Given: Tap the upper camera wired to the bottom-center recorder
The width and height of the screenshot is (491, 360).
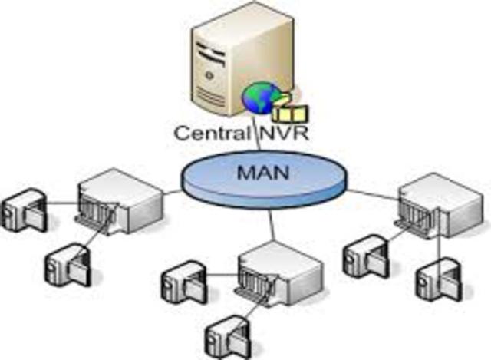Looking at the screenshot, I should point(181,282).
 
